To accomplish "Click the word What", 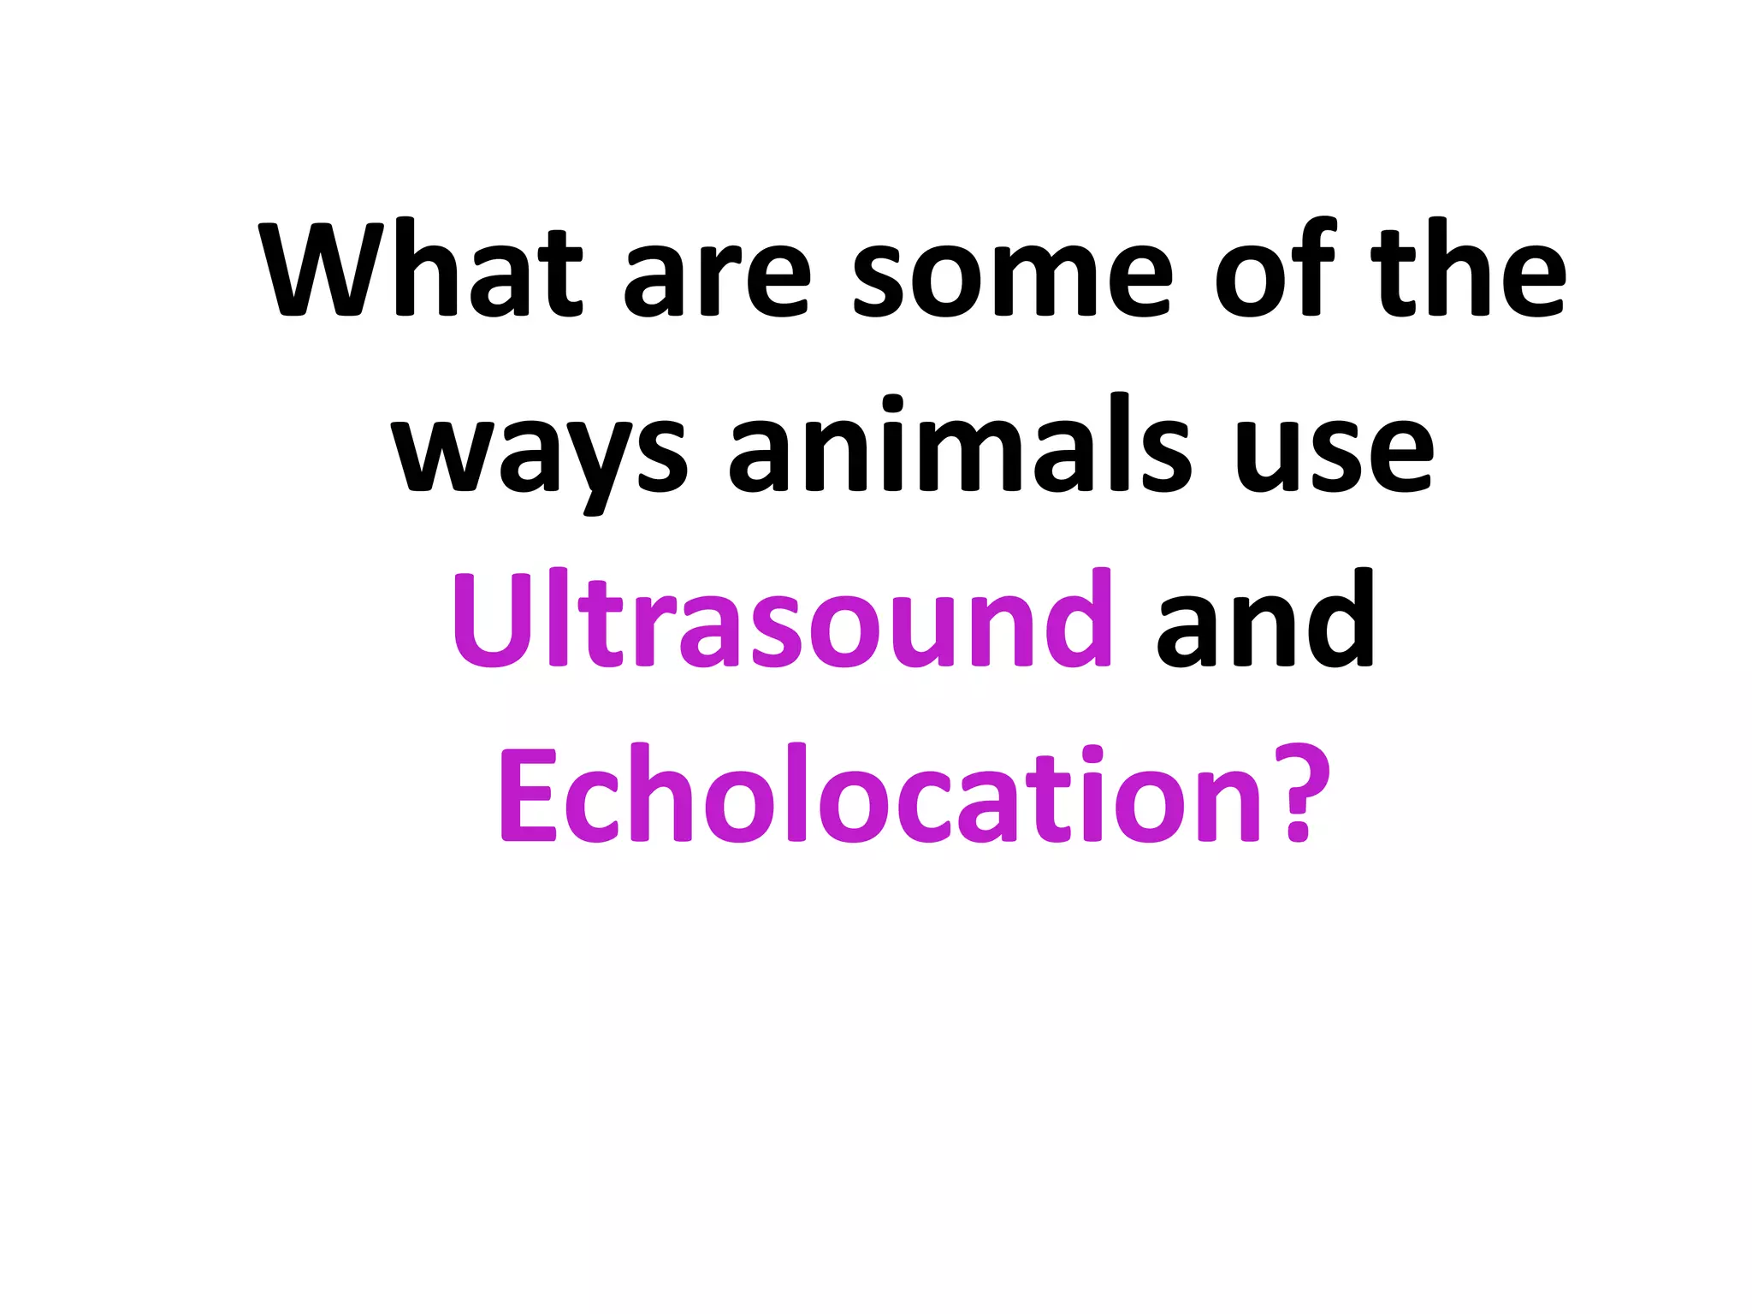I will click(x=423, y=269).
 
